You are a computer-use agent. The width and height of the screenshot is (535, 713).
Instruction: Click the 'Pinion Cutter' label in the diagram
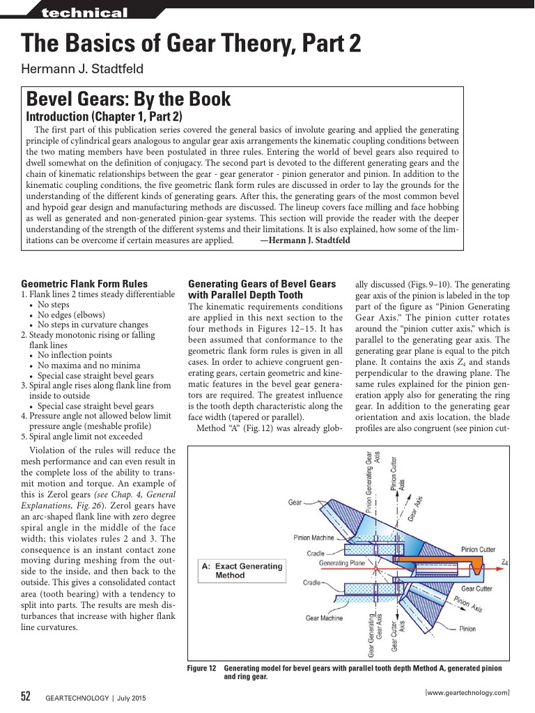[477, 549]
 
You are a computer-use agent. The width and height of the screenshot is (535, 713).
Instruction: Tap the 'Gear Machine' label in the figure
[324, 618]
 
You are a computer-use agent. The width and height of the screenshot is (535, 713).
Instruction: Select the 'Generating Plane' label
[342, 562]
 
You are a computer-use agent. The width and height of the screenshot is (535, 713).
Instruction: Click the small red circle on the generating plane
[395, 560]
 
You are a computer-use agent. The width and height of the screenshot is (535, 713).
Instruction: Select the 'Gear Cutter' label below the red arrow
[476, 588]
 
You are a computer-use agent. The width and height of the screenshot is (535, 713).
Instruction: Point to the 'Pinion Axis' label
[467, 604]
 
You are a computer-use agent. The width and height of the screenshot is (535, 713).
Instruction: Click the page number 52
[26, 697]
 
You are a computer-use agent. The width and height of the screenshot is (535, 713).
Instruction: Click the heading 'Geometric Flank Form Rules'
[84, 283]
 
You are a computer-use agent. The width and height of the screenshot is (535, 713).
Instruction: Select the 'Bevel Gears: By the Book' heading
[128, 99]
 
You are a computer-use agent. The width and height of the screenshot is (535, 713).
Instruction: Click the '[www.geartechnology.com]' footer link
[467, 691]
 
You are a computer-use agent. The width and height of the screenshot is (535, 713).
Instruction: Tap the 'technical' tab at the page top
[84, 13]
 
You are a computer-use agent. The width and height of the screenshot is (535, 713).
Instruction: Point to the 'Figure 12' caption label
[202, 668]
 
